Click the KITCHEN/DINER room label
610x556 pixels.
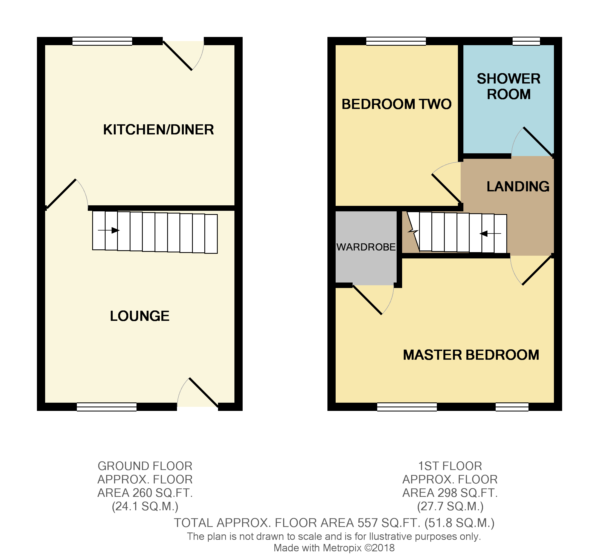[158, 129]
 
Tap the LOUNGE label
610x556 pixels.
[140, 316]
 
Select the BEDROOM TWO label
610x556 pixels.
[396, 104]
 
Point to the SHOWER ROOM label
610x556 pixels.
[509, 87]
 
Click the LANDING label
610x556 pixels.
[518, 186]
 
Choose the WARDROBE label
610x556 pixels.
[366, 247]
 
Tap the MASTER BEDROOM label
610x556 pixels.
[471, 355]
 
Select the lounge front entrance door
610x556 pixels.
[204, 393]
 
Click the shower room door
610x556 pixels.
[538, 142]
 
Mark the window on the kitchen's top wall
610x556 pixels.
[102, 41]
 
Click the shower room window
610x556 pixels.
[526, 41]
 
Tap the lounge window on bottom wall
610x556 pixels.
[106, 407]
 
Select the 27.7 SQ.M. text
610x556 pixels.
[450, 507]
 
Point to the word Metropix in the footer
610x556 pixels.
[342, 548]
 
